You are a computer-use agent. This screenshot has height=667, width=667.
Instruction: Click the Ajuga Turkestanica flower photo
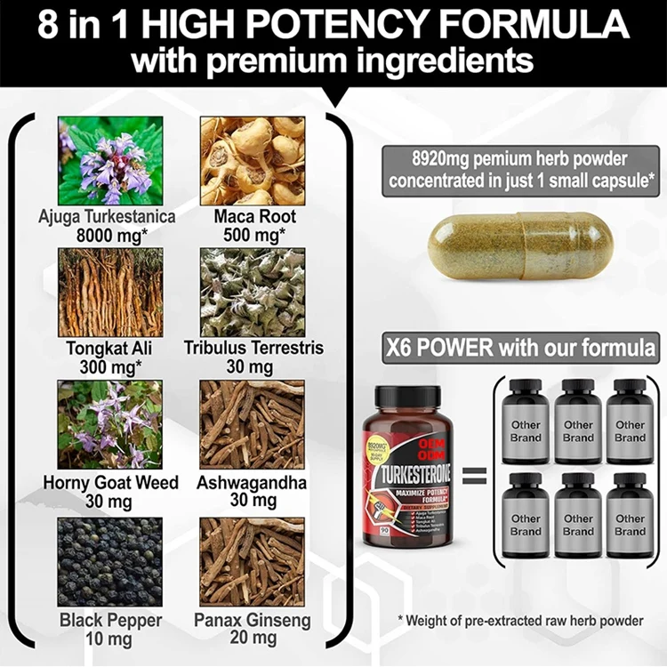coord(110,161)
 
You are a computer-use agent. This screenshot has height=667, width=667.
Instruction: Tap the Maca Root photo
coord(253,161)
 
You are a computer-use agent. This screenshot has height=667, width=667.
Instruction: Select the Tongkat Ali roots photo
coord(110,292)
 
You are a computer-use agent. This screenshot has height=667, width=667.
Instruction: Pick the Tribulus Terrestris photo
coord(253,292)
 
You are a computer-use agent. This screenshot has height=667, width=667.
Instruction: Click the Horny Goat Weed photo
coord(110,425)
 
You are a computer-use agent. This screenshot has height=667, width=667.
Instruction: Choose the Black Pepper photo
coord(110,561)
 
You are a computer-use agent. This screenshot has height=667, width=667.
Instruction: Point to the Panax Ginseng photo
coord(253,561)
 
